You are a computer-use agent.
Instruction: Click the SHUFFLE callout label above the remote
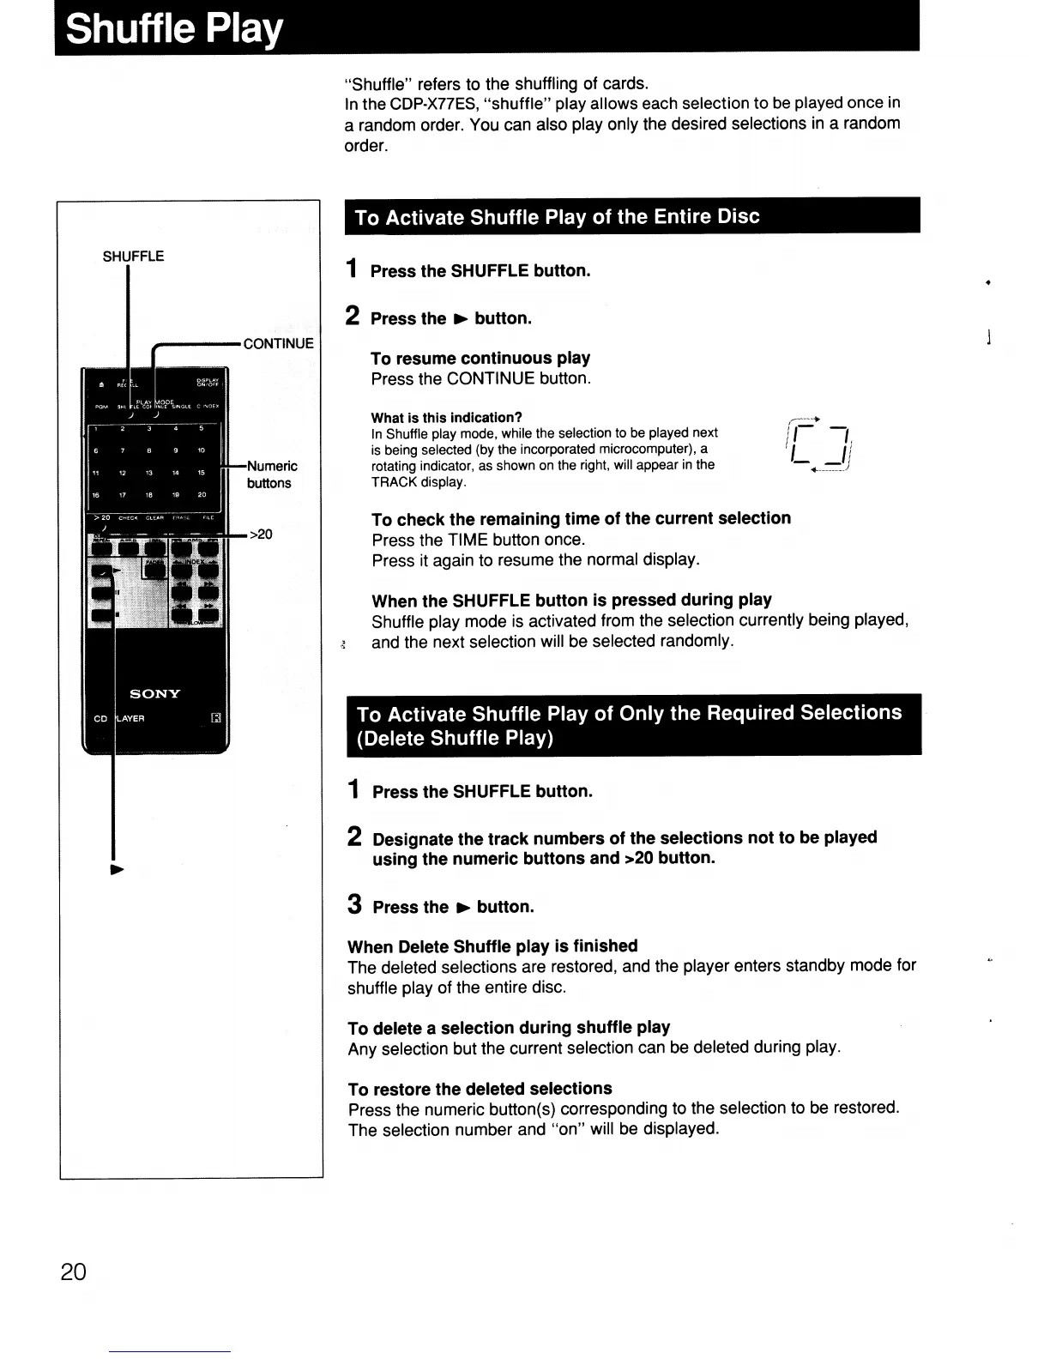point(133,257)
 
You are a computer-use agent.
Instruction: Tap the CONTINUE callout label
point(278,344)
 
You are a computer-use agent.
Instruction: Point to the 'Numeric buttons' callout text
point(270,474)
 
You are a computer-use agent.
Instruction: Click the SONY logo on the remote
point(154,693)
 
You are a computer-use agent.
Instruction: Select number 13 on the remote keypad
point(148,472)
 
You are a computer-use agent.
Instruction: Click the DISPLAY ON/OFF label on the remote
point(208,384)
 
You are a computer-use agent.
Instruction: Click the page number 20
point(74,1271)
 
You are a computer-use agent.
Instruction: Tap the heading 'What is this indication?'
point(446,418)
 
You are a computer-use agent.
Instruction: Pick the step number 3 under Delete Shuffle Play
point(354,904)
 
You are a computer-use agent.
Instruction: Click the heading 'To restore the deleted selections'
point(480,1089)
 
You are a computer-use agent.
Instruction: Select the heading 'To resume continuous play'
point(480,358)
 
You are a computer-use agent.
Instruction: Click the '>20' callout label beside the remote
point(261,535)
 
